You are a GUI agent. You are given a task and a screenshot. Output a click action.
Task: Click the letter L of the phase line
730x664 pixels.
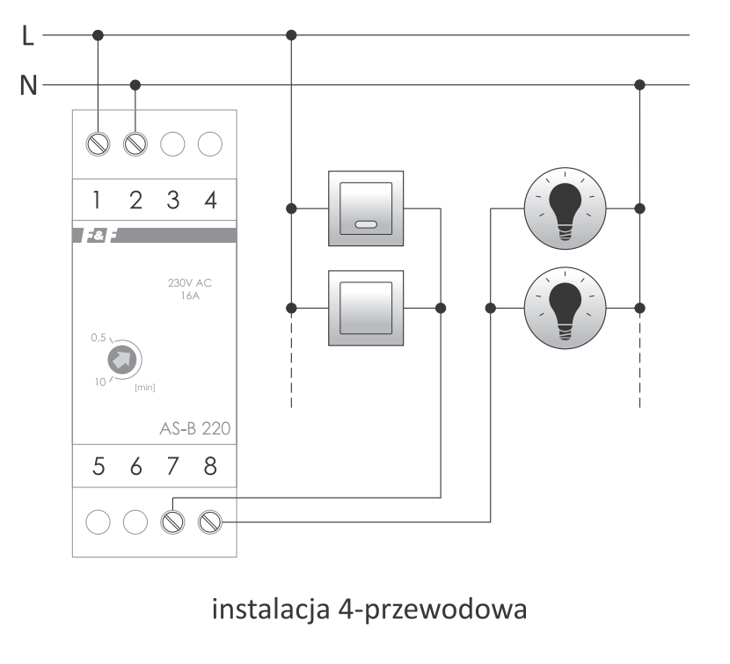[28, 35]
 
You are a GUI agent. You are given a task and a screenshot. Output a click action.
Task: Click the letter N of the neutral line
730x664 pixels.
[28, 85]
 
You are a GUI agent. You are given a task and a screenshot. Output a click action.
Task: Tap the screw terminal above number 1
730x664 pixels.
[99, 144]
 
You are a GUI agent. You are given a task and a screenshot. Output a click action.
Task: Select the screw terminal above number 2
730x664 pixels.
[135, 144]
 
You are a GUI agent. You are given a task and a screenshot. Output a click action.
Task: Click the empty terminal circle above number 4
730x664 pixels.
[210, 144]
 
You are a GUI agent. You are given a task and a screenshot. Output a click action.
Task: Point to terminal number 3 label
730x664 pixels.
[173, 201]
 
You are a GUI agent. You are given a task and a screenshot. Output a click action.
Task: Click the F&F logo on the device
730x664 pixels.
[99, 236]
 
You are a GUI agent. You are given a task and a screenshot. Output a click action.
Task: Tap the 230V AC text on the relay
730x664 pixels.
[189, 282]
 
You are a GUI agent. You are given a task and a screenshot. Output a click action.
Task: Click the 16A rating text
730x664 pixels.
[190, 296]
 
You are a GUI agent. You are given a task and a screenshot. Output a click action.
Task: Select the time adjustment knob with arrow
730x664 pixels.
[122, 360]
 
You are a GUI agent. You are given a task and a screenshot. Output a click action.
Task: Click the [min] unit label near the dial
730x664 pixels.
[145, 388]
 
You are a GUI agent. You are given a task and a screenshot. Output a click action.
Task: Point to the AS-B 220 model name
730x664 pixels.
[195, 428]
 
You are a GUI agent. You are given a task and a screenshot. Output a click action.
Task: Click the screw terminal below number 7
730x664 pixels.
[172, 522]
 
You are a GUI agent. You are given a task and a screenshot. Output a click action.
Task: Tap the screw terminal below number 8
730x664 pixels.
[210, 522]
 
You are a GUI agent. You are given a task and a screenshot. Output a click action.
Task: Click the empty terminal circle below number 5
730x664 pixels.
[99, 522]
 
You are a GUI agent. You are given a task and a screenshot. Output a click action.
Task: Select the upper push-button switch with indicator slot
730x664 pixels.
[366, 208]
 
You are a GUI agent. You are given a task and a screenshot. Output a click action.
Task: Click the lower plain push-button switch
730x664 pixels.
[366, 308]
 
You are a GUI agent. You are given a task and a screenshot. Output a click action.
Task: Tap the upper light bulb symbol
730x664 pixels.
[566, 208]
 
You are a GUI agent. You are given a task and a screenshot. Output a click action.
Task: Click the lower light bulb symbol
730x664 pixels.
[566, 308]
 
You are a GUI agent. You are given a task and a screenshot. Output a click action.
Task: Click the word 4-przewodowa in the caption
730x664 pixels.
[433, 610]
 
